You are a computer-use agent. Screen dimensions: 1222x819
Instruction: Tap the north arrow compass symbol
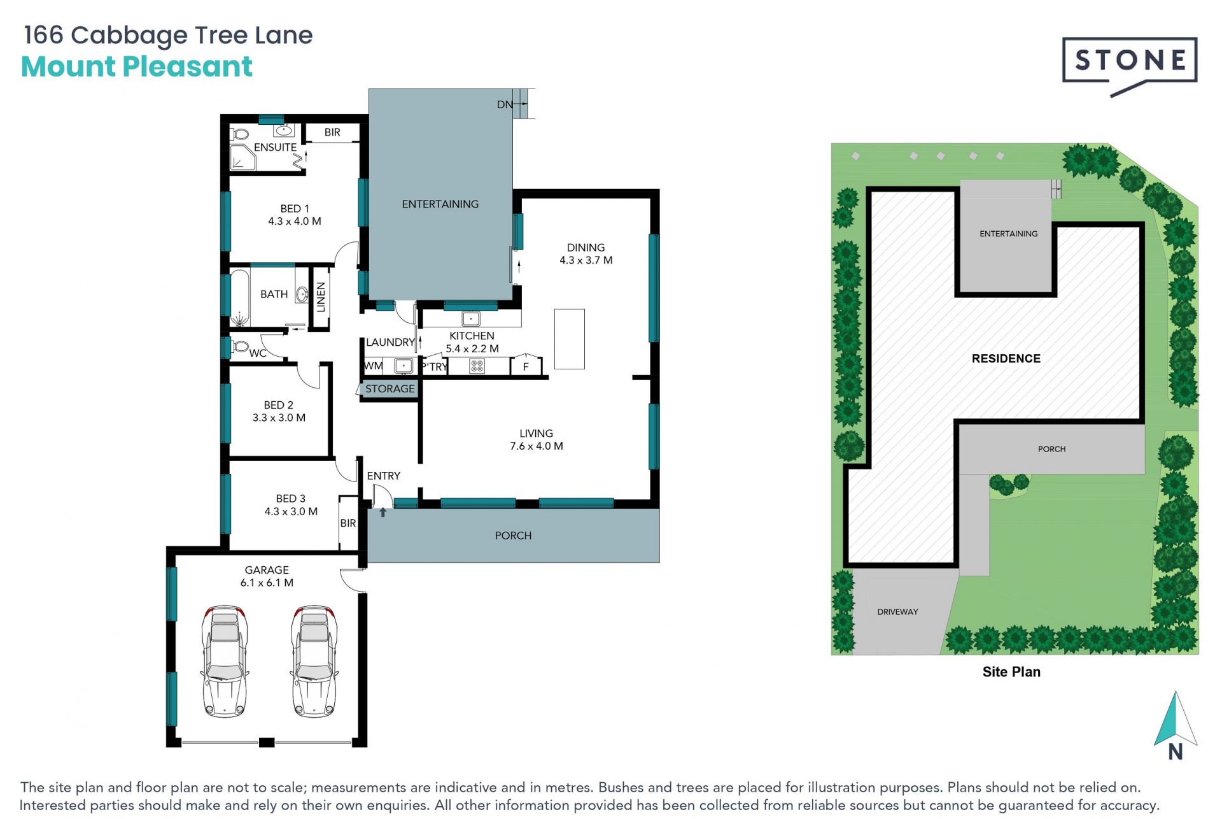[1176, 726]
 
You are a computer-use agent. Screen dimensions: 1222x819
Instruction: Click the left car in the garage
[224, 661]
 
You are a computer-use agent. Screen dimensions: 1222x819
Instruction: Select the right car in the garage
[314, 661]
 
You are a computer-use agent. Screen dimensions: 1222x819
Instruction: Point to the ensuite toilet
[239, 134]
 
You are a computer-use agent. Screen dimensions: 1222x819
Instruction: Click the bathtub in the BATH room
[239, 298]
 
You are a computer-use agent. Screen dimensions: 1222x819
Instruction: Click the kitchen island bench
[569, 339]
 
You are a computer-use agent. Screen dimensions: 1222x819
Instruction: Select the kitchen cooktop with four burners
[477, 366]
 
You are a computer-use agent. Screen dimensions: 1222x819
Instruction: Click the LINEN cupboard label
[321, 297]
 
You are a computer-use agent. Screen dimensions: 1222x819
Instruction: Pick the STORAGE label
[390, 388]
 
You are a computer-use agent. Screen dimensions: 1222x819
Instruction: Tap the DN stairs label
[505, 104]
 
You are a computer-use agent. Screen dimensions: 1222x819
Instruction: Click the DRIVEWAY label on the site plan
[897, 612]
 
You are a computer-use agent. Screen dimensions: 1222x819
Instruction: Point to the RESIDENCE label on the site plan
[1006, 359]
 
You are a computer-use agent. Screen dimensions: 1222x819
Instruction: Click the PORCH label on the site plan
[1051, 449]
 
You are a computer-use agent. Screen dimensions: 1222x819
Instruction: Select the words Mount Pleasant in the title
[137, 67]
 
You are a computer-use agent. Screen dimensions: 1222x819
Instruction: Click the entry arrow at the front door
[383, 512]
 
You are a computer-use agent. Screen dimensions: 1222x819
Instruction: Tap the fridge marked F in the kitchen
[526, 366]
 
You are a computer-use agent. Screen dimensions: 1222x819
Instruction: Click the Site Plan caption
[1011, 672]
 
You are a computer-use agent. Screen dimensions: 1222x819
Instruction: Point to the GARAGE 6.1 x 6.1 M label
[267, 576]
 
